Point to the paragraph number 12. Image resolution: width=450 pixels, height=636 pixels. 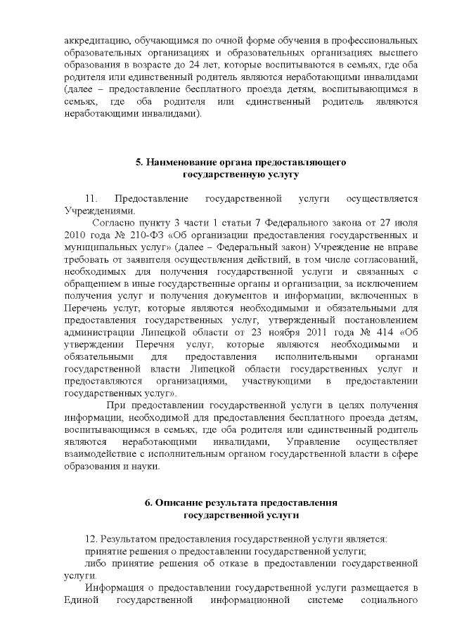[90, 539]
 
